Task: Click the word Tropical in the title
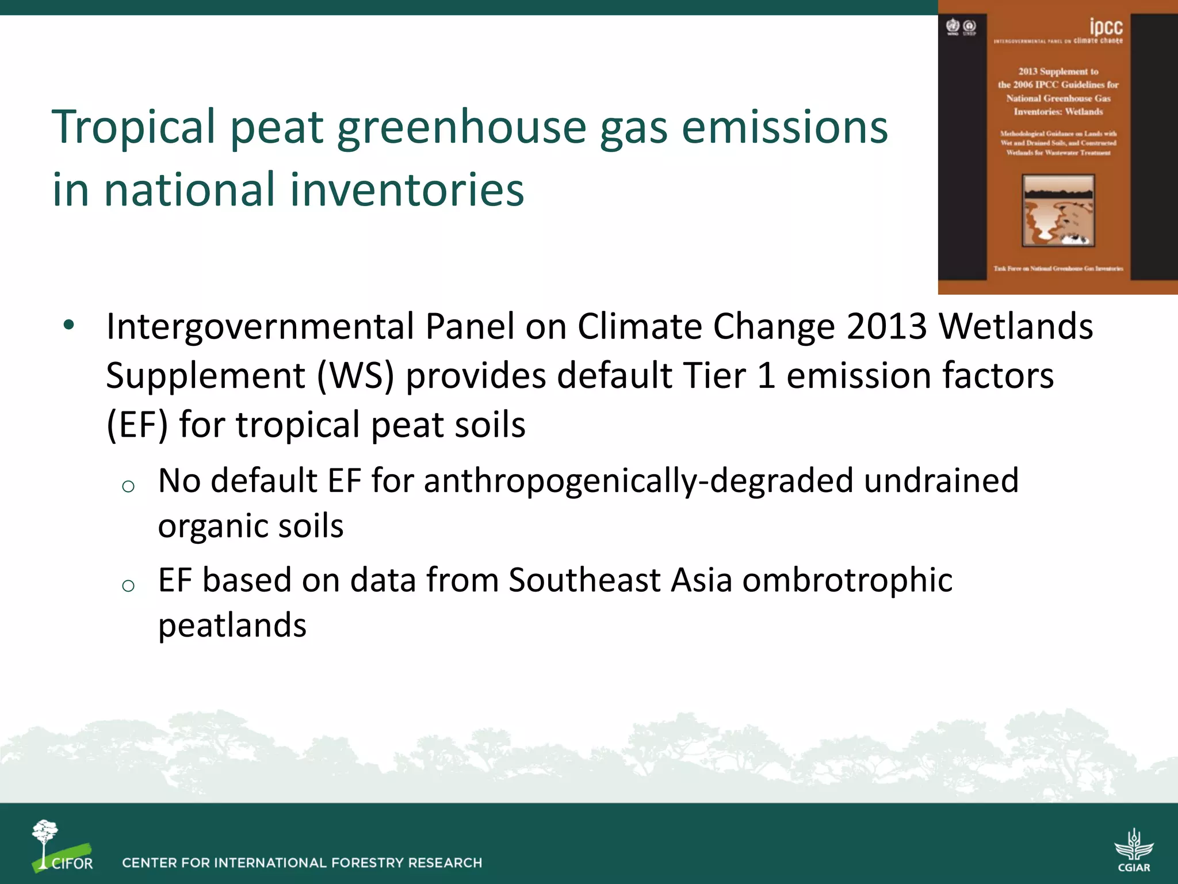[133, 128]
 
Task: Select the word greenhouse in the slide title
[460, 128]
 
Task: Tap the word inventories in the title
[407, 190]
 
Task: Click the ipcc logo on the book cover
[1106, 27]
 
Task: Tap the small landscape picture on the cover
[1058, 211]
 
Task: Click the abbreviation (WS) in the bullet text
[355, 376]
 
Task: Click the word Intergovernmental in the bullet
[259, 327]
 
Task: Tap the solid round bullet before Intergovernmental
[69, 326]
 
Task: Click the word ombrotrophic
[847, 580]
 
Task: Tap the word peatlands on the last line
[232, 626]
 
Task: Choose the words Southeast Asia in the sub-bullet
[620, 580]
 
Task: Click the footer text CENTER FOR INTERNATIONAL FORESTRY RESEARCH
[302, 863]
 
